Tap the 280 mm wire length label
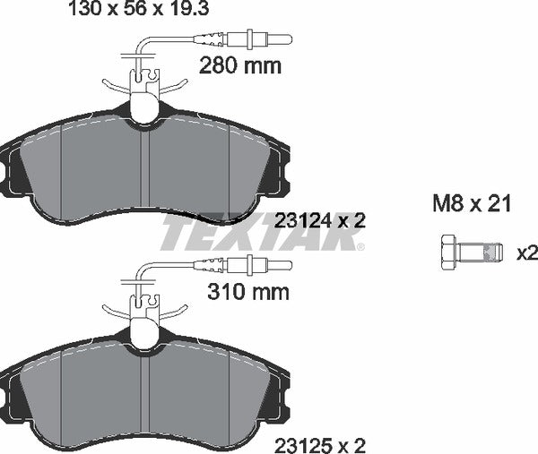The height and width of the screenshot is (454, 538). [239, 65]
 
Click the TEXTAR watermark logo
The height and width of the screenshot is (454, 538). [260, 235]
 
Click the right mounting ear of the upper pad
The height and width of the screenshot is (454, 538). [286, 170]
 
